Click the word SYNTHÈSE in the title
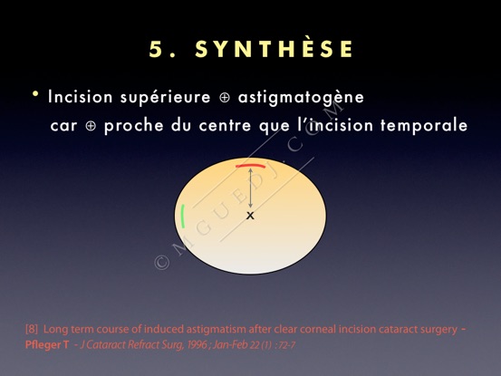[275, 49]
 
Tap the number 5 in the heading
[156, 50]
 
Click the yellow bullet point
[35, 94]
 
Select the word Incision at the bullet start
[81, 97]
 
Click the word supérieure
[166, 98]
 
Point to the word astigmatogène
[301, 98]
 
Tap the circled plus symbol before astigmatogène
[225, 98]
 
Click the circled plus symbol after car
[92, 126]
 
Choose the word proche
[134, 125]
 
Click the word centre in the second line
[225, 125]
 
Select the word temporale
[424, 125]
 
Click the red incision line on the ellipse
[250, 166]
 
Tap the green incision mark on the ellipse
[183, 217]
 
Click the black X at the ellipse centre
[250, 216]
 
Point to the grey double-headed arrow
[250, 188]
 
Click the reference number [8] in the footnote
[32, 330]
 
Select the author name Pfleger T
[47, 345]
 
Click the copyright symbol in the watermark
[161, 263]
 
